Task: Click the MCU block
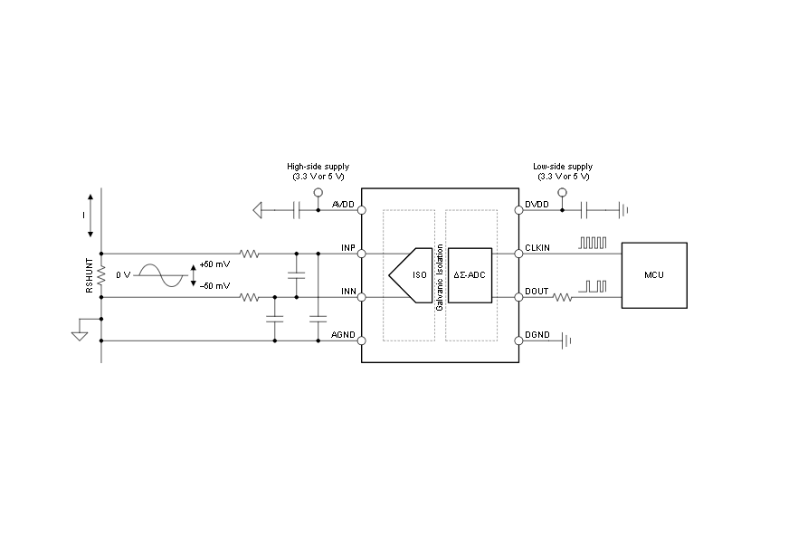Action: (x=654, y=275)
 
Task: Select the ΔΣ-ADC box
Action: (x=470, y=275)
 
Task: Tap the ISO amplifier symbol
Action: (x=410, y=275)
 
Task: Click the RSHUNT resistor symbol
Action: (x=101, y=275)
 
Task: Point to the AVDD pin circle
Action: (x=362, y=210)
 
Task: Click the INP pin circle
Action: (x=362, y=254)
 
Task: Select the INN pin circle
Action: (x=362, y=297)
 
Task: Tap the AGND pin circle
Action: (x=362, y=340)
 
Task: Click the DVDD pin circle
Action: (x=518, y=210)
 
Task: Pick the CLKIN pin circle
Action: (x=518, y=254)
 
